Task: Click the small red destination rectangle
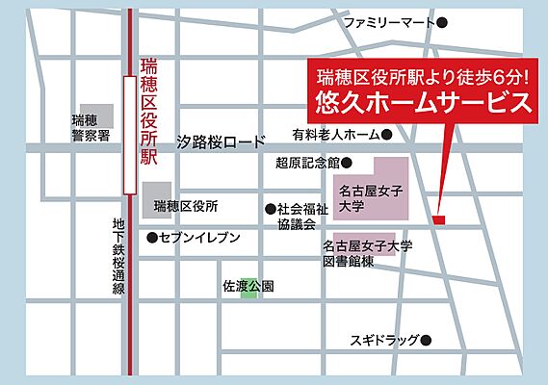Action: [x=439, y=220]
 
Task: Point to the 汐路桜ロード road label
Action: [x=221, y=141]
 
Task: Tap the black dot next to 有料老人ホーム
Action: [x=386, y=135]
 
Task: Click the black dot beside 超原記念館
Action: [x=347, y=163]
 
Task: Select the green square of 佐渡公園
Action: [x=249, y=287]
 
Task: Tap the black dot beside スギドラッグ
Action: [x=427, y=340]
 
